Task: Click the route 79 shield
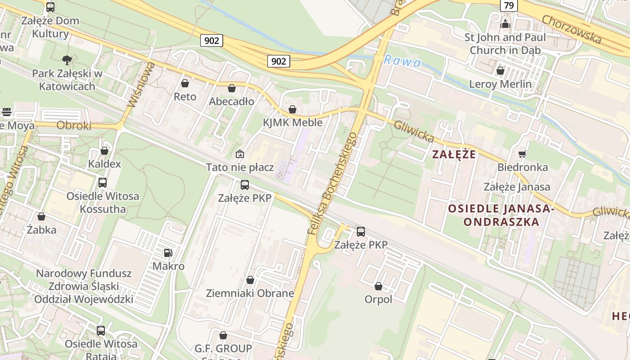[x=508, y=5]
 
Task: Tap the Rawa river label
[x=402, y=61]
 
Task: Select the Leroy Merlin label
[x=500, y=84]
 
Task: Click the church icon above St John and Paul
[x=505, y=24]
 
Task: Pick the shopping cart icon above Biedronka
[x=522, y=154]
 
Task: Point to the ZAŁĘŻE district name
[x=454, y=154]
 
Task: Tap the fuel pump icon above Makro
[x=168, y=253]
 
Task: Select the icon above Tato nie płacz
[x=240, y=154]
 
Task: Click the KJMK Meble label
[x=292, y=122]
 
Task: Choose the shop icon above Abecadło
[x=232, y=88]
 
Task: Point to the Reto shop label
[x=185, y=97]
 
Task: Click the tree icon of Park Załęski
[x=67, y=60]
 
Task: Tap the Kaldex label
[x=104, y=164]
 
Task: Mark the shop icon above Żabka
[x=41, y=217]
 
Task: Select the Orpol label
[x=378, y=300]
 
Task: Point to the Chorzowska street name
[x=571, y=30]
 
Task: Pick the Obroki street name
[x=74, y=126]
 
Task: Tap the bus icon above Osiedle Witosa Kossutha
[x=103, y=183]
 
